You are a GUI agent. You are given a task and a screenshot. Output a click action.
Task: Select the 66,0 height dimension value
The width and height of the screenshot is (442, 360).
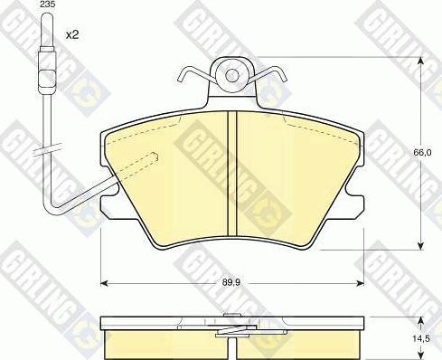(421, 154)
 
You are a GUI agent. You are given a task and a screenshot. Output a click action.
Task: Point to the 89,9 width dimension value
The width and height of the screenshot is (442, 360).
(232, 282)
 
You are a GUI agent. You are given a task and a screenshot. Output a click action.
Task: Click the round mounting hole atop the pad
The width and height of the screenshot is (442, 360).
(232, 77)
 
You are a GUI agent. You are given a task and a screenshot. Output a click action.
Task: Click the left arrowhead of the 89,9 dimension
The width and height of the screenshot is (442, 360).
(103, 282)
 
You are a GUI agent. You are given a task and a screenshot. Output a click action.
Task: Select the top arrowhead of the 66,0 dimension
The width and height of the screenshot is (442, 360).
(420, 62)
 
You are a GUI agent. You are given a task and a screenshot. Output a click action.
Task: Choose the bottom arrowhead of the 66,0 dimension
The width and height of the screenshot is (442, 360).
(420, 246)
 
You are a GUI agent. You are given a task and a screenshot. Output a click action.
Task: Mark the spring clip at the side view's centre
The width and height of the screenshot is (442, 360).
(232, 329)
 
